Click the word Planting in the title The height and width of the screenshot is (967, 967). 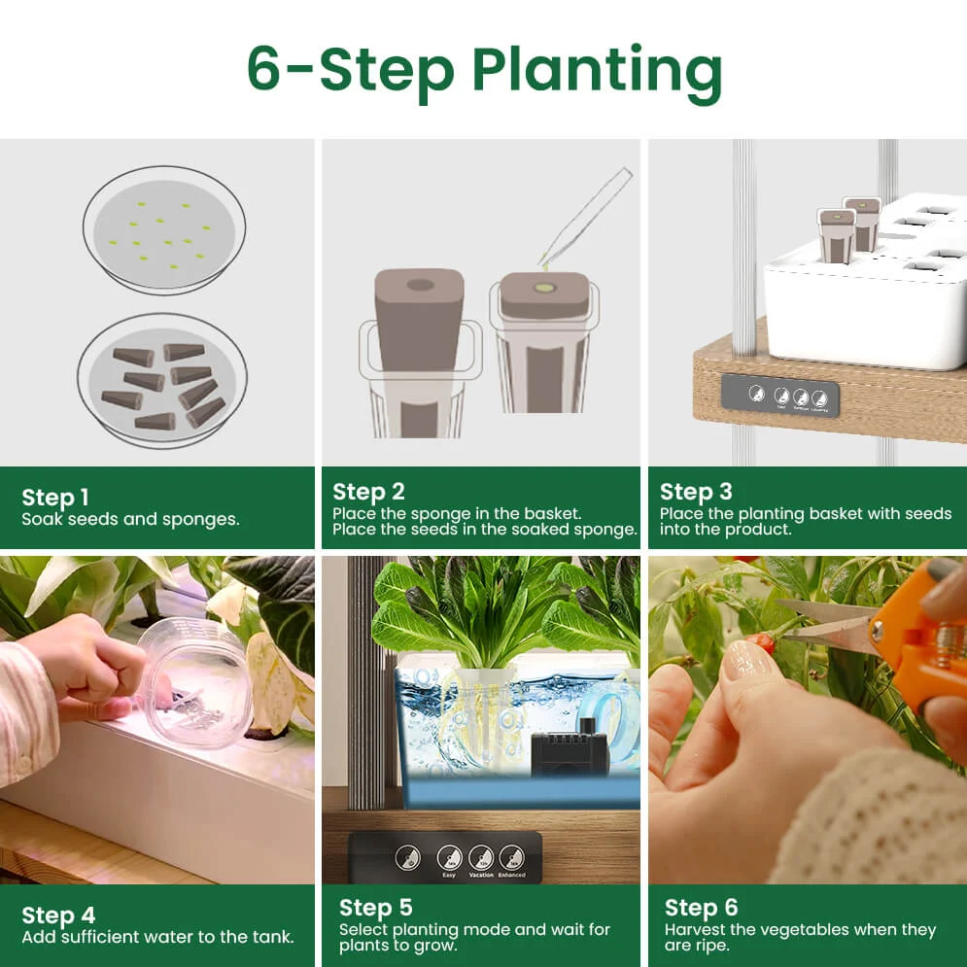tap(597, 70)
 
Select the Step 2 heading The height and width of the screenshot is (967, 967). tap(368, 492)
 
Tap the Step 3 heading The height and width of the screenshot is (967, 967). tap(696, 492)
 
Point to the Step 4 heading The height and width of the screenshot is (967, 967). tap(58, 915)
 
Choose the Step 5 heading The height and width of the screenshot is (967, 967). tap(376, 908)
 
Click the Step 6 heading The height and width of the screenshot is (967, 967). tap(702, 908)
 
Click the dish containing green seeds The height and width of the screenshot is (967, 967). tap(163, 229)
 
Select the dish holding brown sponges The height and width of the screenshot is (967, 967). tap(162, 380)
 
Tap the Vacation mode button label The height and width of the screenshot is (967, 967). tap(481, 875)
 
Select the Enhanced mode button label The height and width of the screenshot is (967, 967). tap(511, 875)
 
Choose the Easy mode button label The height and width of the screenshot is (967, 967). tap(448, 875)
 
